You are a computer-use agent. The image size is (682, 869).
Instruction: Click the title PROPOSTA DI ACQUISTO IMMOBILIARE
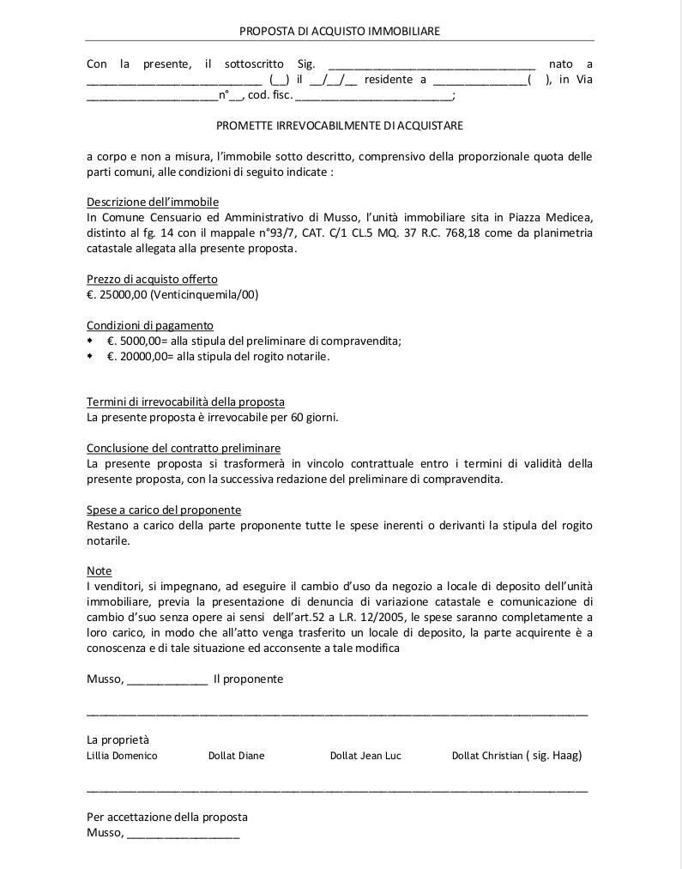(339, 31)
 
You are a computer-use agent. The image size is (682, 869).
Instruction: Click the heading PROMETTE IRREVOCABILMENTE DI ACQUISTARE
(339, 125)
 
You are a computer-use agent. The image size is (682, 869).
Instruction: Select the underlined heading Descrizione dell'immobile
(153, 202)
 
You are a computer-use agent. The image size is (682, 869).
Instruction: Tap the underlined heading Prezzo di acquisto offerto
(152, 279)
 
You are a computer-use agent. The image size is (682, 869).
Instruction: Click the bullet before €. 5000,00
(91, 341)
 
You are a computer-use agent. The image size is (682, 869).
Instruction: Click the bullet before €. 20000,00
(91, 356)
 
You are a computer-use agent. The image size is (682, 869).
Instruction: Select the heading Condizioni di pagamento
(150, 325)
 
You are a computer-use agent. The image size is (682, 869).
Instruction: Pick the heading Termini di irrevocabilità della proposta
(185, 401)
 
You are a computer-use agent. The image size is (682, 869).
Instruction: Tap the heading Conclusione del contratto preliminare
(184, 448)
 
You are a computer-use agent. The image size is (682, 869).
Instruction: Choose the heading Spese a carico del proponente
(164, 510)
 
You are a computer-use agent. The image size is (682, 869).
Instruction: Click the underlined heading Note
(99, 570)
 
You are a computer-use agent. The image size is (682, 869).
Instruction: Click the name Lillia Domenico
(122, 756)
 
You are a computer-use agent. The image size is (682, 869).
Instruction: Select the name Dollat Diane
(236, 756)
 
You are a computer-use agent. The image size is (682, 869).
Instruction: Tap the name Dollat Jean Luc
(365, 756)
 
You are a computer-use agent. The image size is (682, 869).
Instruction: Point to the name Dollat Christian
(487, 756)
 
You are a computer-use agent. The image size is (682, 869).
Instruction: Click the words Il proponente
(248, 679)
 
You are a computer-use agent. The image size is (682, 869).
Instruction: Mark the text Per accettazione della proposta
(167, 817)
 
